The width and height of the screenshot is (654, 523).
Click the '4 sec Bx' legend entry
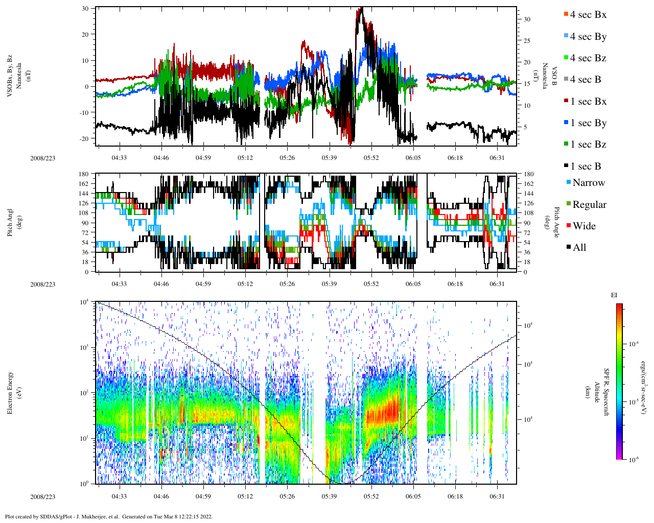point(588,15)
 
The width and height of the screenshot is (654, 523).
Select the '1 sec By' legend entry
point(588,123)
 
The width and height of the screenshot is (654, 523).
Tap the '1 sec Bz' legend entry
point(588,145)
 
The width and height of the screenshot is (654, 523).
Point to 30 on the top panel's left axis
point(85,9)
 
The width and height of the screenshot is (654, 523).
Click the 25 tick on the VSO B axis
point(527,41)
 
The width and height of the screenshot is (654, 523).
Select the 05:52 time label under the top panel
point(371,158)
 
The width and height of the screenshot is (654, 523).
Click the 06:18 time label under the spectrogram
point(455,496)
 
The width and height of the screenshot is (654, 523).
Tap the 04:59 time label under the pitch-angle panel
point(203,284)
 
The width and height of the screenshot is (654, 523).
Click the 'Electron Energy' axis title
point(10,392)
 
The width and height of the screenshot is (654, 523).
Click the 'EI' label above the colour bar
point(614,295)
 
